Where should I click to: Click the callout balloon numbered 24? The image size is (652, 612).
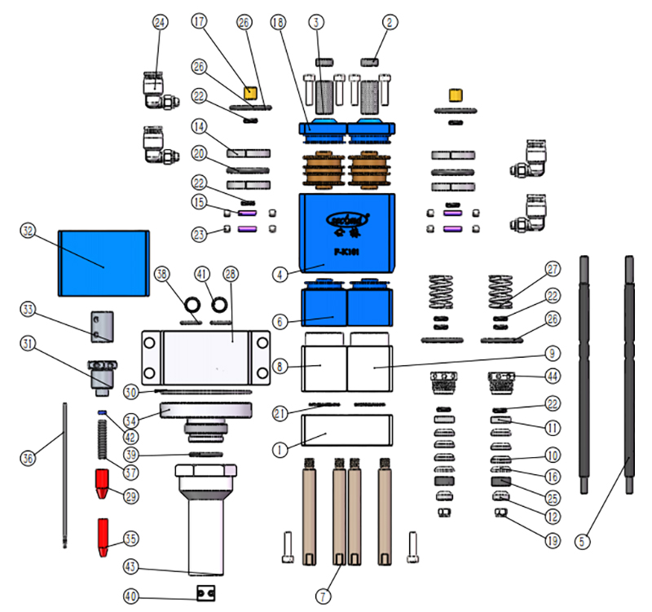click(x=159, y=23)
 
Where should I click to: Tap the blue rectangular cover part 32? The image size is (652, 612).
click(x=104, y=262)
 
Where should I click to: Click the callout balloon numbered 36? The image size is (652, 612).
click(x=29, y=459)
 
